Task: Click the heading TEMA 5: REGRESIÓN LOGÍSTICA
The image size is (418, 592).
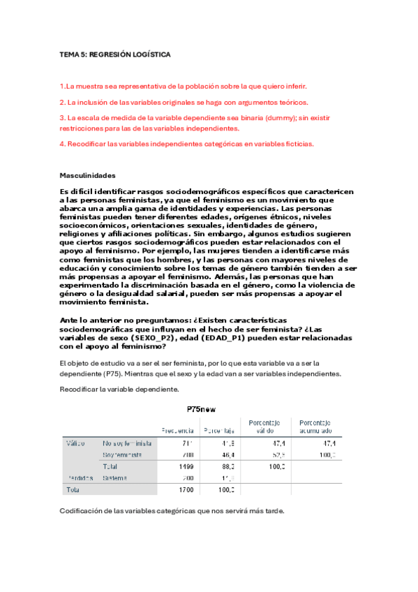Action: [x=114, y=54]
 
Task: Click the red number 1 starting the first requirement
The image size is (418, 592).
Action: [x=62, y=87]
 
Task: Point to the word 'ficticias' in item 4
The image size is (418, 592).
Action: [x=297, y=144]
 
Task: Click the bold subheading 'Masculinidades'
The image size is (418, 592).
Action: [x=88, y=175]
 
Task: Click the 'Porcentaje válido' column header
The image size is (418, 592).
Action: [x=260, y=427]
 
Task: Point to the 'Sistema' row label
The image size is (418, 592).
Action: [x=114, y=478]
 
